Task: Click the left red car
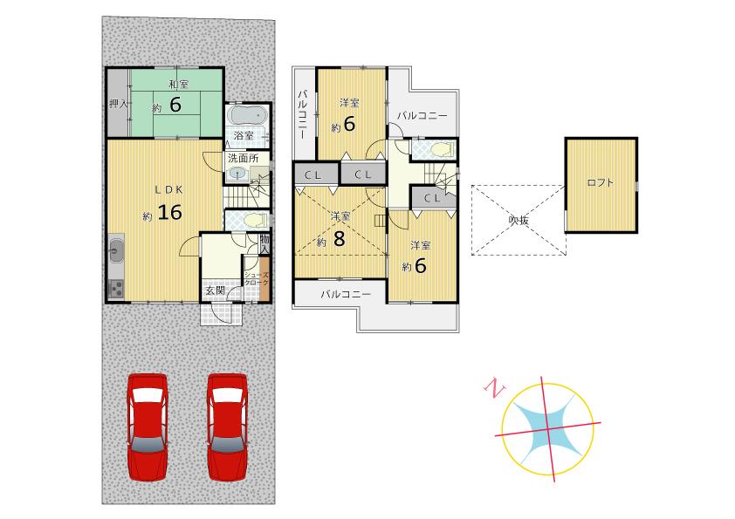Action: click(x=147, y=425)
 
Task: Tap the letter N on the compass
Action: click(x=495, y=390)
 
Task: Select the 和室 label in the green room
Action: click(x=179, y=85)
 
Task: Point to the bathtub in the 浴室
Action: click(x=248, y=116)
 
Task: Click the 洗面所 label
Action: click(x=243, y=159)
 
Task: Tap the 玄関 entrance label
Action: click(x=216, y=290)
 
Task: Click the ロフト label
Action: click(x=600, y=183)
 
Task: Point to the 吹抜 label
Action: click(x=519, y=220)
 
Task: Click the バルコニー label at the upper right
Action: click(x=422, y=115)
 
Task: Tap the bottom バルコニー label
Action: click(x=346, y=295)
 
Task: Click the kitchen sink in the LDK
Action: click(x=117, y=252)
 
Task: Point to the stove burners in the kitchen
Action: click(x=117, y=289)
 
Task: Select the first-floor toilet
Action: click(x=253, y=220)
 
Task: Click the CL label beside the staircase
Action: click(x=432, y=198)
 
